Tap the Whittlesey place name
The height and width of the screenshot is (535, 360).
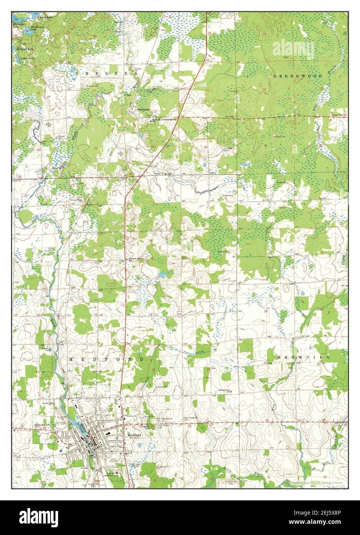143,109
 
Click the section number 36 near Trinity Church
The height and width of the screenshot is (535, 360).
206,147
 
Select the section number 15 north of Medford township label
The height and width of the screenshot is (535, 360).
95,315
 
